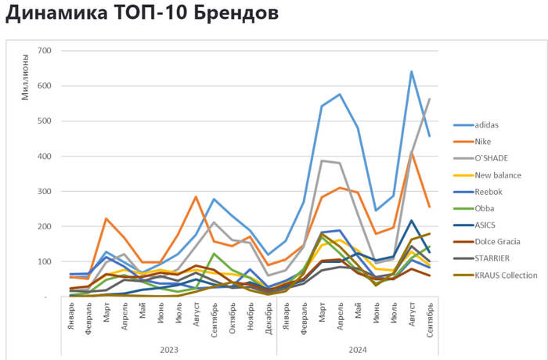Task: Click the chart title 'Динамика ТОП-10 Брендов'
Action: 141,15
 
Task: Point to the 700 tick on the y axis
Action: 44,51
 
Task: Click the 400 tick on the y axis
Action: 44,157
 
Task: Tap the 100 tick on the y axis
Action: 44,261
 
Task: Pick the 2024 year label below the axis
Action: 357,349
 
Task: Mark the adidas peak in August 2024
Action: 411,71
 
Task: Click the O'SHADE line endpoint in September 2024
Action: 430,99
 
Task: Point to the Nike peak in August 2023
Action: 196,196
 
